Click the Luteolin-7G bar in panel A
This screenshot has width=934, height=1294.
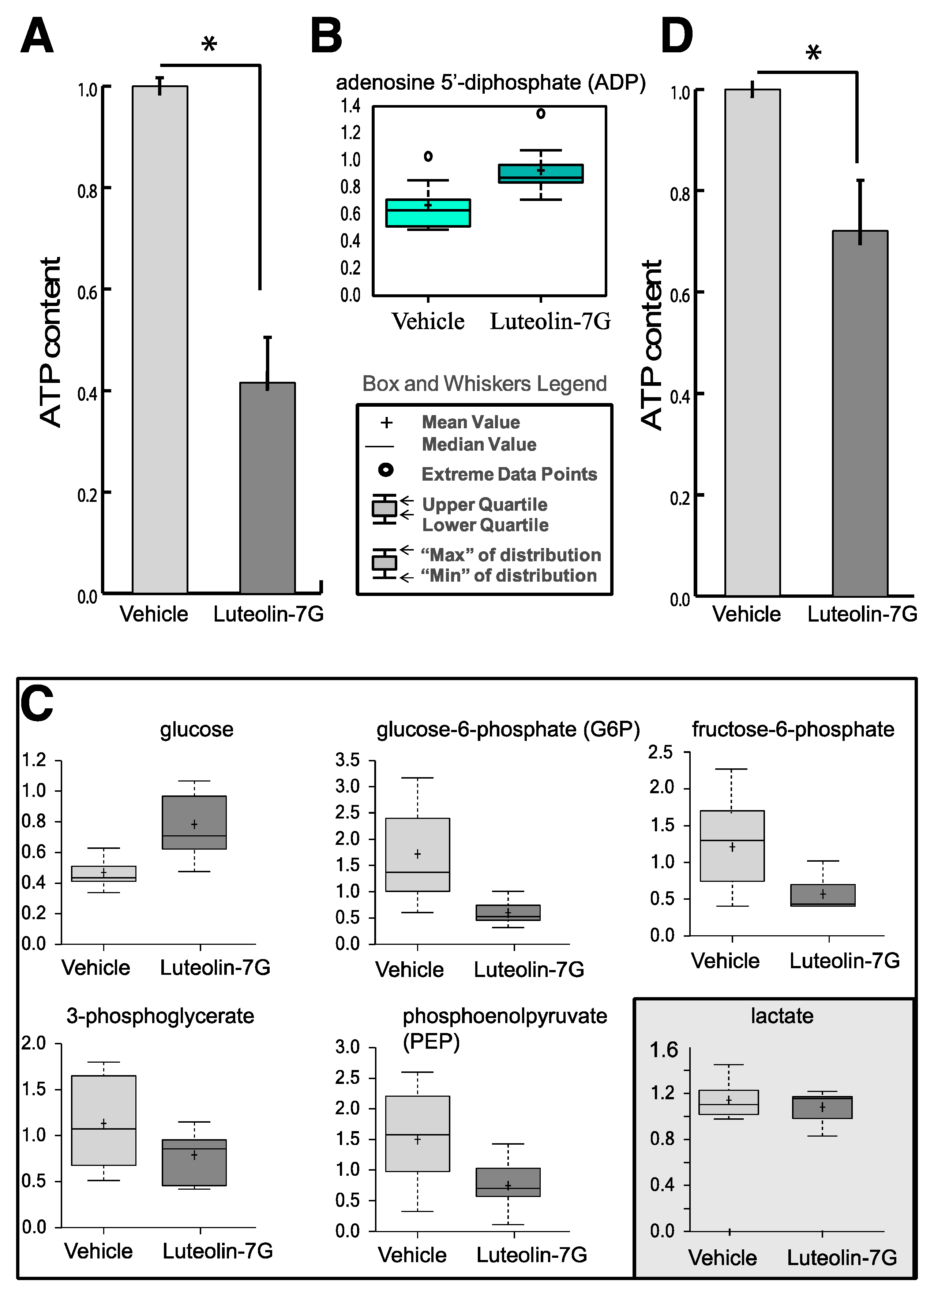click(267, 488)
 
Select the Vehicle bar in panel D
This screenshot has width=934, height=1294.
click(752, 342)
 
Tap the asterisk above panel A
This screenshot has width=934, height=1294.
click(209, 44)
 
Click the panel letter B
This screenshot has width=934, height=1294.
click(326, 36)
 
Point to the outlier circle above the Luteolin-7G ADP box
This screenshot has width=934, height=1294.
click(541, 113)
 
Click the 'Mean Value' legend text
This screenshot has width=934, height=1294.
click(470, 422)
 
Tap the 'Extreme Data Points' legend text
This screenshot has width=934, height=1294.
click(509, 474)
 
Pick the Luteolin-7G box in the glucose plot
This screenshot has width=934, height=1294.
click(194, 822)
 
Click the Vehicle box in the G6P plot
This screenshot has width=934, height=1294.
click(417, 854)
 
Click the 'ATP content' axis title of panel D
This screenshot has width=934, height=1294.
click(651, 344)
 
